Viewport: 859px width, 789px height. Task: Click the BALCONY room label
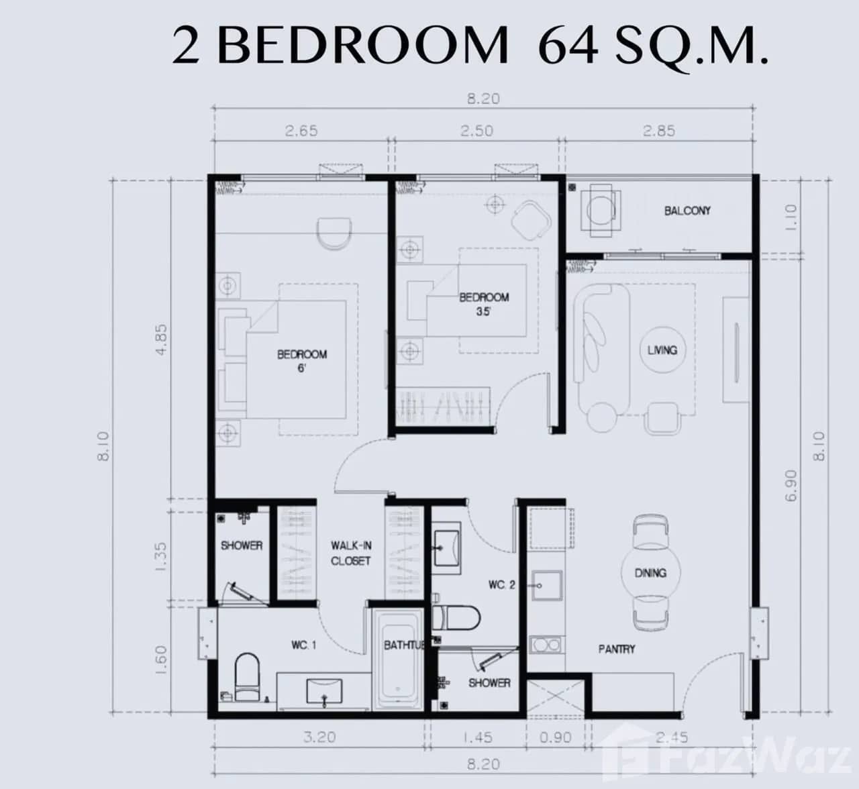(687, 211)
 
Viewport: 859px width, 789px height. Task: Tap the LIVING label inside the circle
(662, 350)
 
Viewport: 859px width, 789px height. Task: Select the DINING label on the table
(650, 572)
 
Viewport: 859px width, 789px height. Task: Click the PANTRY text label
(616, 649)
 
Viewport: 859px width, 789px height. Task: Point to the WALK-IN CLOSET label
(350, 554)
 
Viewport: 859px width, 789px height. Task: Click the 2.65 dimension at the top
(301, 131)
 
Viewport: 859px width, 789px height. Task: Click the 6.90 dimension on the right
(791, 484)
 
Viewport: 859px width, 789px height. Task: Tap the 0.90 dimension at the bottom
(555, 737)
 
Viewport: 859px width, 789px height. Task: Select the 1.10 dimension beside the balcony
(791, 217)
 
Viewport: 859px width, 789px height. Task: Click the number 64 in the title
(568, 46)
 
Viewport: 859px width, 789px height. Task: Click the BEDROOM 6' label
(302, 360)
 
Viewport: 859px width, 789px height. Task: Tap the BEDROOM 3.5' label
(483, 303)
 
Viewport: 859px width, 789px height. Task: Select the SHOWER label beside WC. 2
(489, 682)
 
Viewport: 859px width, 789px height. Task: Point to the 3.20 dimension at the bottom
(319, 737)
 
